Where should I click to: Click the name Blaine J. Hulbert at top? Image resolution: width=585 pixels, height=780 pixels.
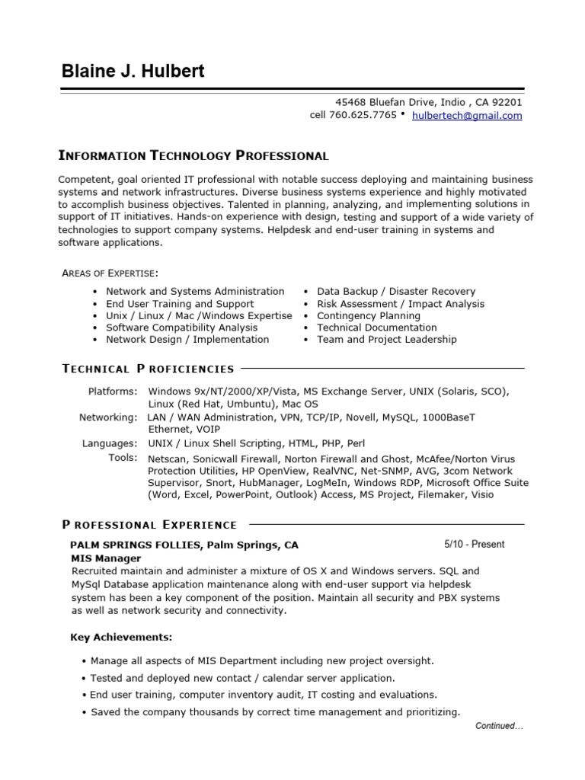(x=133, y=72)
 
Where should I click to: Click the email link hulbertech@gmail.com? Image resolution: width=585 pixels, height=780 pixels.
(x=467, y=116)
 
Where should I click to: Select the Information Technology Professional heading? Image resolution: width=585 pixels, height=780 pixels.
(x=193, y=156)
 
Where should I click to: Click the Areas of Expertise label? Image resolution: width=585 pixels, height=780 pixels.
(x=110, y=273)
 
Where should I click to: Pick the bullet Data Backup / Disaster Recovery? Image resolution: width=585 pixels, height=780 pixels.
(x=395, y=292)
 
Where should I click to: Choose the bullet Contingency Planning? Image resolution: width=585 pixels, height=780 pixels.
(x=368, y=315)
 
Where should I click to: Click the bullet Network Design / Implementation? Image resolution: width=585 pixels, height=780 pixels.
(x=187, y=340)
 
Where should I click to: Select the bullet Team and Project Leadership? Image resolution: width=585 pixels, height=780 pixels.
(x=386, y=340)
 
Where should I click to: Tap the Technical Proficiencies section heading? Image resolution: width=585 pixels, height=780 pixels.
(x=148, y=369)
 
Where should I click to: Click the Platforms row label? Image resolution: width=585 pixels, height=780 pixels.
(x=113, y=392)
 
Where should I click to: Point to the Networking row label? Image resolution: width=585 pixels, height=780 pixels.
(x=108, y=417)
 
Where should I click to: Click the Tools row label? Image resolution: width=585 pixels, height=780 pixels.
(x=123, y=458)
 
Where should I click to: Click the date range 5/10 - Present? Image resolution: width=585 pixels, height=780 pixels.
(x=474, y=545)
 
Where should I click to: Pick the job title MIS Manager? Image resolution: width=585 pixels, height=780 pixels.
(x=106, y=558)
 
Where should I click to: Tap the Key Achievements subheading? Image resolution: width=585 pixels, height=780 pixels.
(x=121, y=637)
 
